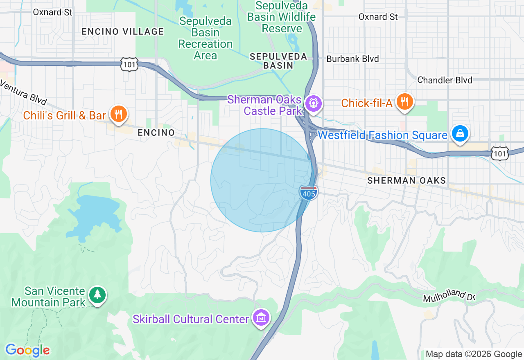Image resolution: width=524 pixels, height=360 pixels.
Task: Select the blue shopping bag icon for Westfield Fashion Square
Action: [460, 133]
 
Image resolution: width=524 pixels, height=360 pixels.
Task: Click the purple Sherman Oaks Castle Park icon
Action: [314, 103]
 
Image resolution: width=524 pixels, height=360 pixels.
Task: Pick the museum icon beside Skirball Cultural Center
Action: [261, 317]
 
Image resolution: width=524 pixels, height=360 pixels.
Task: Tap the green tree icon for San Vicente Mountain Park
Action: [97, 295]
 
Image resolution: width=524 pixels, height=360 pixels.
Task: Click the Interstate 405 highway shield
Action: [308, 193]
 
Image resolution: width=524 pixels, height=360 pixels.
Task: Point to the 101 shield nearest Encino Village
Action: [129, 64]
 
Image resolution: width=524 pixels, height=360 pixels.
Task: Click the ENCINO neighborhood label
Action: [156, 133]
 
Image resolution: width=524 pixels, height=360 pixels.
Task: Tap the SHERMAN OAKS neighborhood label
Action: [407, 180]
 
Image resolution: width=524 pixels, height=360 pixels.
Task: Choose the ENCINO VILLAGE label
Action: [122, 32]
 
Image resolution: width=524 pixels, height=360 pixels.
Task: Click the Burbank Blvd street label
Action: [352, 59]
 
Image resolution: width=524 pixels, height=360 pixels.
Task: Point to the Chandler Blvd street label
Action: [445, 80]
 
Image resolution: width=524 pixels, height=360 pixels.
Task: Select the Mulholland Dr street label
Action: [449, 296]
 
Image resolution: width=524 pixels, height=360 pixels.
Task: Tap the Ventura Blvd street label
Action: [23, 92]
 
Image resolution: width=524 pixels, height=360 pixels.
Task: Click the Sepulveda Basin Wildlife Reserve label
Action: [282, 17]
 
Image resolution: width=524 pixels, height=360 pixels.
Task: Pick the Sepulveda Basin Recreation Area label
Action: [206, 38]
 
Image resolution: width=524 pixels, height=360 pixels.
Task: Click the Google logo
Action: [27, 350]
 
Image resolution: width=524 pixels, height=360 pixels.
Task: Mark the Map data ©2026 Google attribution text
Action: [474, 354]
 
